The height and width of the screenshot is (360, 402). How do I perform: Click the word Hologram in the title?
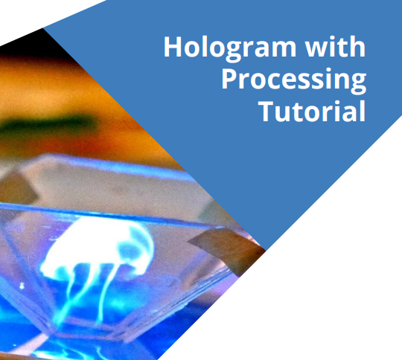230,48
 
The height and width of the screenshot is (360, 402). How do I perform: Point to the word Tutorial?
312,112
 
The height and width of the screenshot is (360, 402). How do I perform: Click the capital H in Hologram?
172,47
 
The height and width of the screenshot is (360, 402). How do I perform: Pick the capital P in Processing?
229,79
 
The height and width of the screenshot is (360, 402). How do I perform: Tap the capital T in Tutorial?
267,112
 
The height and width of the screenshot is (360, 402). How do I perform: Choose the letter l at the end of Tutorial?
363,112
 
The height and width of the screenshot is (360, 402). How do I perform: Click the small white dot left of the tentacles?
22,286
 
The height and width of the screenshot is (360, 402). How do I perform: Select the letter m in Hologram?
284,49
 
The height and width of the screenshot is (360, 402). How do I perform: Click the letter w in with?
315,49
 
